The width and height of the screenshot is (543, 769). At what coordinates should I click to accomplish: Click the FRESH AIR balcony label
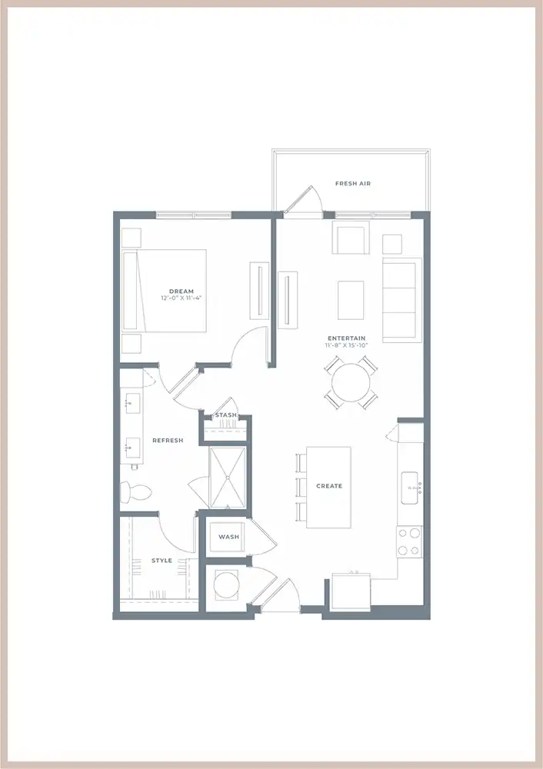click(353, 184)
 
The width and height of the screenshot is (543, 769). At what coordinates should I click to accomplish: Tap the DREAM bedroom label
click(182, 291)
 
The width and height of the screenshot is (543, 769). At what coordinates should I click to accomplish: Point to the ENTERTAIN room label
click(347, 338)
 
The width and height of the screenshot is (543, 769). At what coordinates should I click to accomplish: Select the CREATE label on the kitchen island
click(329, 486)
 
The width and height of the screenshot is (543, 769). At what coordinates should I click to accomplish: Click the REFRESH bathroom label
click(168, 441)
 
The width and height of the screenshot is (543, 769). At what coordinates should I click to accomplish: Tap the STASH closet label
click(225, 415)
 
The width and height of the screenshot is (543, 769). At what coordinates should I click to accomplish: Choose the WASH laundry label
click(228, 537)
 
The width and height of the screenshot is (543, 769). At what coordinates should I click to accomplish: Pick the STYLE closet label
click(162, 561)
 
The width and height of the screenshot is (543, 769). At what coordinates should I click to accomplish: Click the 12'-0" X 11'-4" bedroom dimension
click(182, 298)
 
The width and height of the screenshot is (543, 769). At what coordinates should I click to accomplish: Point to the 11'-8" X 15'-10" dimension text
click(347, 345)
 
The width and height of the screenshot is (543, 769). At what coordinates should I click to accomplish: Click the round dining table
click(351, 382)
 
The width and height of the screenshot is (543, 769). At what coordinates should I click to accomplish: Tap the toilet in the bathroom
click(135, 492)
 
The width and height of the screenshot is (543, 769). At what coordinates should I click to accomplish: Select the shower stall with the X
click(228, 478)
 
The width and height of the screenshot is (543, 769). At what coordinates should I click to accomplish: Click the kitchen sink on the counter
click(410, 488)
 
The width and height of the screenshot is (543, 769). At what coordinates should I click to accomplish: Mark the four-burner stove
click(410, 541)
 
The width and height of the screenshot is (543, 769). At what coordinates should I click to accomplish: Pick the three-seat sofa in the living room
click(401, 300)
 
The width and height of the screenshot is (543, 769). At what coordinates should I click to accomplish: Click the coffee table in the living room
click(351, 300)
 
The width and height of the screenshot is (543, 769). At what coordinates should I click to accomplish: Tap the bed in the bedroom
click(164, 291)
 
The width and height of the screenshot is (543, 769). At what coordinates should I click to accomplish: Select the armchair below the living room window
click(351, 238)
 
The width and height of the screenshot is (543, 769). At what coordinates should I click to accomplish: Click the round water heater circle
click(226, 585)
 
